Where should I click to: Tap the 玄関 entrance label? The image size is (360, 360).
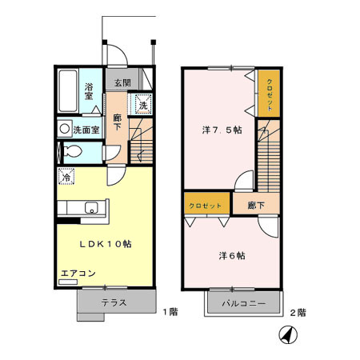[x=122, y=83]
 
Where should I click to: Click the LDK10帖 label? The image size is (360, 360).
[x=104, y=243]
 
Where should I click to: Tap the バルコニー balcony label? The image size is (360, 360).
[x=244, y=304]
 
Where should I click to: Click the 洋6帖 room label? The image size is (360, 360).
[x=232, y=256]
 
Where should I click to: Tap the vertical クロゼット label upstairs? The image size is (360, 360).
[x=270, y=94]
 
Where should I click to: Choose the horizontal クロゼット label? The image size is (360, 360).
[x=206, y=206]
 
